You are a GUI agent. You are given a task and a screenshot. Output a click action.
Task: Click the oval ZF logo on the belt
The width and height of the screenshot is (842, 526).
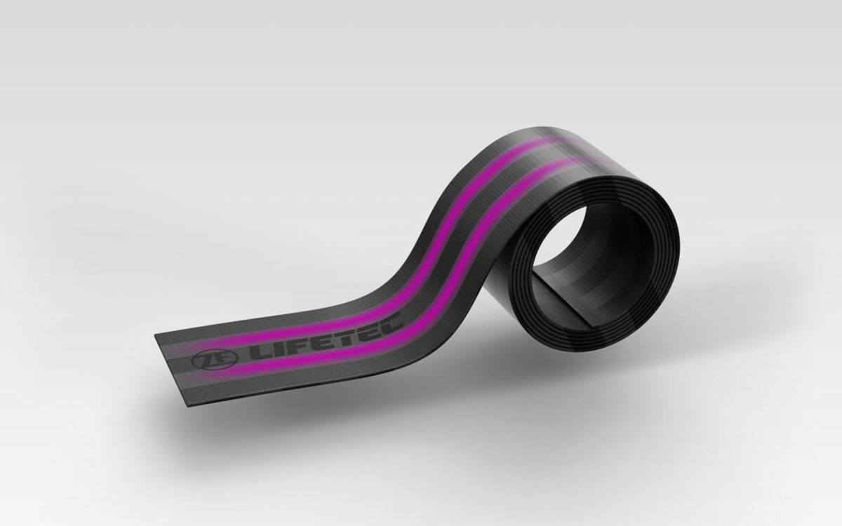[215, 360]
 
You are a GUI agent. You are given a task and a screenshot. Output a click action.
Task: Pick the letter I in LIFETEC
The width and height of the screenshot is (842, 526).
[276, 349]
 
